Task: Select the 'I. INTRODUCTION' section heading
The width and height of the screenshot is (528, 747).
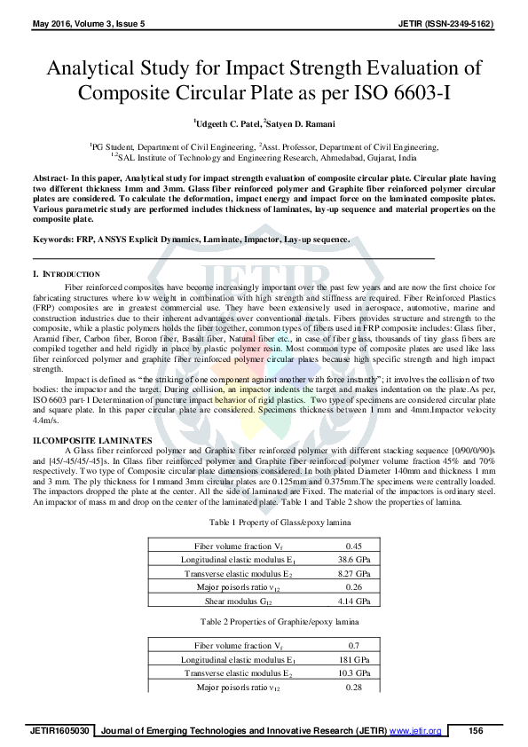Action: [67, 274]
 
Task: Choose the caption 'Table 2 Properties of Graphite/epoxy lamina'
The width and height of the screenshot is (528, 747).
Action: [264, 622]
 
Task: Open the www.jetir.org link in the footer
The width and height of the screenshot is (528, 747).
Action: [414, 731]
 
